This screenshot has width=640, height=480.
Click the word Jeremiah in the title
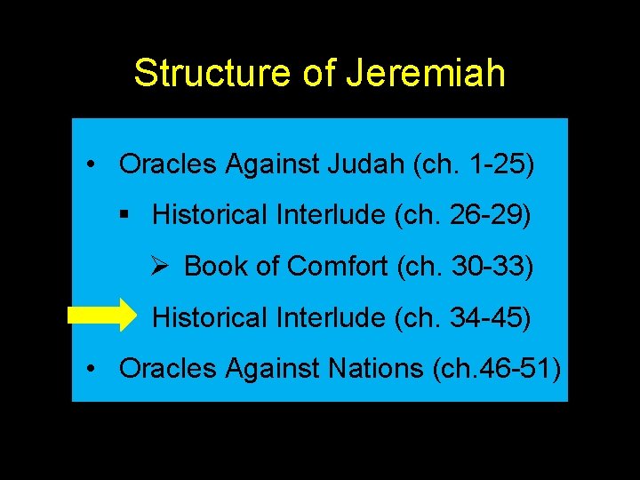click(426, 74)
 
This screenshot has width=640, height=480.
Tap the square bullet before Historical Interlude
click(125, 216)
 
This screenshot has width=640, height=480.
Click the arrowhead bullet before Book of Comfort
click(161, 266)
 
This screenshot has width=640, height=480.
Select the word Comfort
click(340, 266)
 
